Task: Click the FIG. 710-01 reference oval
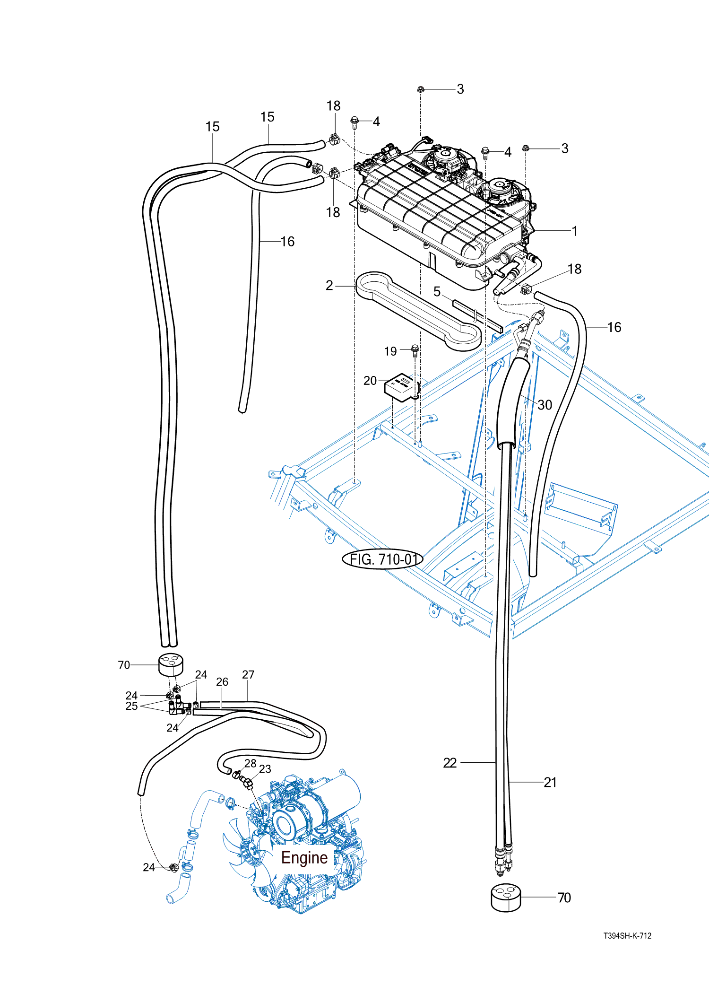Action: click(382, 559)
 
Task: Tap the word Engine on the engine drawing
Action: click(304, 857)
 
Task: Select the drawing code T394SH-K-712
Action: click(627, 936)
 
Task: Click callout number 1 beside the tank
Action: click(574, 231)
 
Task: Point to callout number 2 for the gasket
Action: click(329, 286)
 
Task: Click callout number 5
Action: click(437, 292)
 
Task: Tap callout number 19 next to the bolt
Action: click(390, 351)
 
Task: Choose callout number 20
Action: click(370, 381)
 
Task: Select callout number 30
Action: click(545, 405)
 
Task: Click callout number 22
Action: click(450, 763)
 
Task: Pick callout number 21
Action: click(550, 782)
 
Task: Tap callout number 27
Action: click(248, 675)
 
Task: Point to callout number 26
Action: click(222, 682)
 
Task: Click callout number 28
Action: click(251, 764)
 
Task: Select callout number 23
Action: click(265, 769)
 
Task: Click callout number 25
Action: click(131, 706)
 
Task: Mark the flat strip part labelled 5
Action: click(477, 316)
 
